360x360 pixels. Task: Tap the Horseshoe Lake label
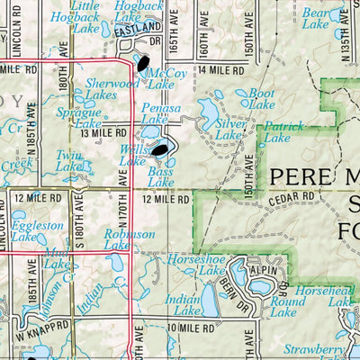pyautogui.click(x=195, y=264)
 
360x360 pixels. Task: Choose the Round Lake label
pyautogui.click(x=284, y=307)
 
